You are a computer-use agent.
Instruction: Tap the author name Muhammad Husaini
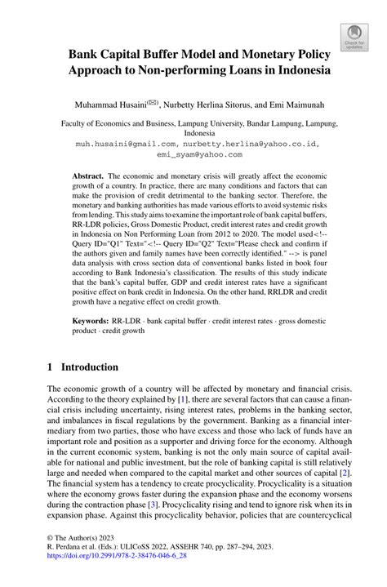(x=105, y=104)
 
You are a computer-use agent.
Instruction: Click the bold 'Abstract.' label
(x=88, y=176)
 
